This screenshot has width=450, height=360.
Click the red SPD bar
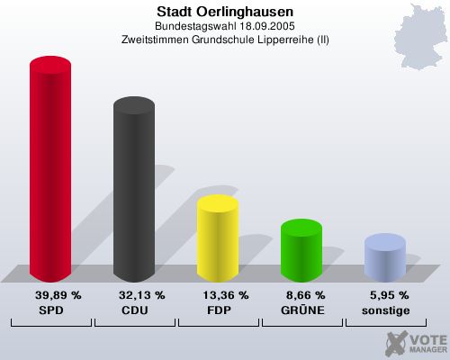tap(50, 171)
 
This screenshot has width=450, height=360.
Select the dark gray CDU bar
tap(133, 193)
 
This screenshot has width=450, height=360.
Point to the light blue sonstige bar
tap(384, 257)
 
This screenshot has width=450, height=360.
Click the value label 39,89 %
tap(58, 294)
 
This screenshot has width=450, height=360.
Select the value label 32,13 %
tap(141, 294)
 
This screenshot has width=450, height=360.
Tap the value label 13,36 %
tap(225, 294)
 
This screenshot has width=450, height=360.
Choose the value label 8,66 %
tap(305, 294)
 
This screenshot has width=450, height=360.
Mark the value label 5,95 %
tap(389, 294)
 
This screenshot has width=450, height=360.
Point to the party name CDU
tap(133, 310)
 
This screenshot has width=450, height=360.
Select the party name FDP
tap(218, 310)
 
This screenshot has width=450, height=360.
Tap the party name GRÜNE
tap(301, 310)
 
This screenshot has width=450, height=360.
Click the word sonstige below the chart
tap(385, 310)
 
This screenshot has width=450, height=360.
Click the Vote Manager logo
tap(415, 342)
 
